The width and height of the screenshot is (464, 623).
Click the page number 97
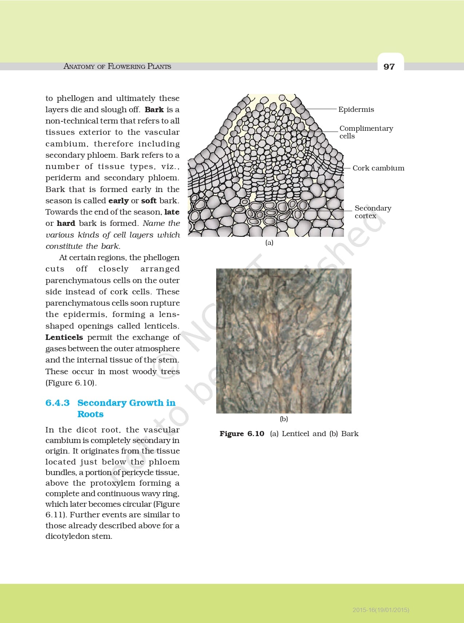pos(389,67)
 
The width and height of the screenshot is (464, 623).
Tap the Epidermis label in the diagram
pos(356,109)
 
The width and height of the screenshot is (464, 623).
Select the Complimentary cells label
pos(366,132)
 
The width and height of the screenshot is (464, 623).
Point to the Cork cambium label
pos(378,168)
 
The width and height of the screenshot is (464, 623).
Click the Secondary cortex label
pos(373,212)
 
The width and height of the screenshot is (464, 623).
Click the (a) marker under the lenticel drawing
pos(269,243)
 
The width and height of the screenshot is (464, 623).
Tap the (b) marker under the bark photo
pos(284,419)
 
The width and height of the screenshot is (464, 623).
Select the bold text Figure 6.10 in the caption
pos(242,434)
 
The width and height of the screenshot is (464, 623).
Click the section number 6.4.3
pos(57,403)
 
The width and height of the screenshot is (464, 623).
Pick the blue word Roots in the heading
pos(90,414)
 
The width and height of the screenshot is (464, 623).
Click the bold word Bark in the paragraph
pos(154,110)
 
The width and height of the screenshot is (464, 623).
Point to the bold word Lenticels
pos(64,337)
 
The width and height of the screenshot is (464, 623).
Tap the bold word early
pos(119,201)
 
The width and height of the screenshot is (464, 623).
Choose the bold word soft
pos(148,201)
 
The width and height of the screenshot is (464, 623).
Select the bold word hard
pos(66,223)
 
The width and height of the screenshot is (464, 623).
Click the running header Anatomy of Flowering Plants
pos(117,66)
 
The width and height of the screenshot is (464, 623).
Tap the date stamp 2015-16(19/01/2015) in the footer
pos(381,610)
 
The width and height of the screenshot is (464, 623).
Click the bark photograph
pos(284,341)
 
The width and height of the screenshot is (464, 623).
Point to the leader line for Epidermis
pos(320,109)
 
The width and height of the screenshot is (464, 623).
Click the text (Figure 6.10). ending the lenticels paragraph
pos(71,383)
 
